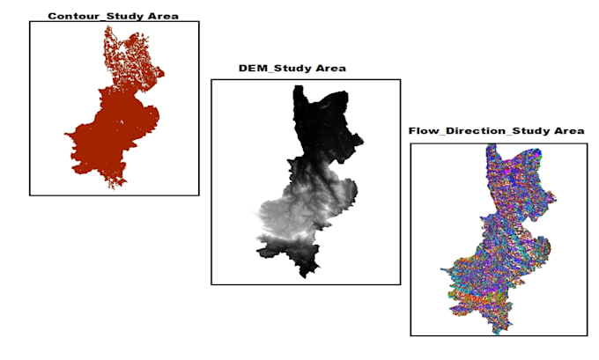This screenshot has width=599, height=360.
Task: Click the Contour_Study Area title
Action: pyautogui.click(x=113, y=16)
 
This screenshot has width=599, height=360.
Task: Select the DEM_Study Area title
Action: pyautogui.click(x=292, y=68)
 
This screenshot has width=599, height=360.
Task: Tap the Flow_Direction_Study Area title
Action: pyautogui.click(x=496, y=131)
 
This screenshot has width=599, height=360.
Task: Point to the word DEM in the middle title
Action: pyautogui.click(x=252, y=68)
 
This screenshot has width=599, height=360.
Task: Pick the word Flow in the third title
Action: pyautogui.click(x=422, y=131)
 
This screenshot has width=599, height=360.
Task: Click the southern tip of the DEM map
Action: pyautogui.click(x=304, y=273)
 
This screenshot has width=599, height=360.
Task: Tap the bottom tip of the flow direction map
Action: pyautogui.click(x=499, y=330)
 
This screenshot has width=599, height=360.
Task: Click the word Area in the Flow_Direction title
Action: pyautogui.click(x=568, y=131)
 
